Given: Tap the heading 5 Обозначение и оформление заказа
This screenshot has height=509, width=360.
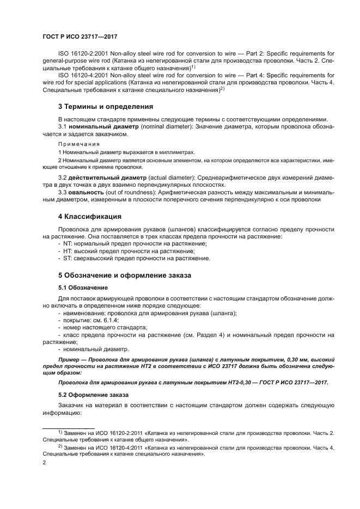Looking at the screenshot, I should click(125, 275).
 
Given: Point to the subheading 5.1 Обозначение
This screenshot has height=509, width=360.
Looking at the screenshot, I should click(83, 287).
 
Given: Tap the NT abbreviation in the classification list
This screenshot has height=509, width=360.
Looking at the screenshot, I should click(68, 244).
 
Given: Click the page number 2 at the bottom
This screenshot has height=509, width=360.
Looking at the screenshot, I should click(44, 462).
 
